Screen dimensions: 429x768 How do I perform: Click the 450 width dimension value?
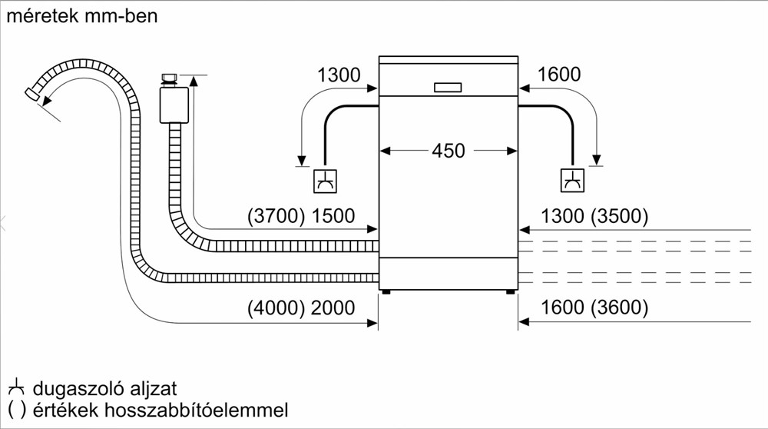click(448, 151)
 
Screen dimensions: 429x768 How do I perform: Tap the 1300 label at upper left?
click(339, 75)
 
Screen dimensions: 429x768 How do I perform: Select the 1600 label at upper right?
click(559, 75)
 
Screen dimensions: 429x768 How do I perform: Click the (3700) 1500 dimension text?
click(301, 217)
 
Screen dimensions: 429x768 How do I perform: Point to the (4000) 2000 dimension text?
click(301, 308)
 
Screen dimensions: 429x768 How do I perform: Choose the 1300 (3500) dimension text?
click(594, 217)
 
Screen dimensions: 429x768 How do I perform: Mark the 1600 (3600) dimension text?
click(594, 308)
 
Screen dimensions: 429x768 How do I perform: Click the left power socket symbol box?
click(325, 181)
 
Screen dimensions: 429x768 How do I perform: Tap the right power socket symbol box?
click(573, 181)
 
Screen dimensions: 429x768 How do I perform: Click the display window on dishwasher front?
click(448, 88)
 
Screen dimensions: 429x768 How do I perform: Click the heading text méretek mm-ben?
click(81, 15)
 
